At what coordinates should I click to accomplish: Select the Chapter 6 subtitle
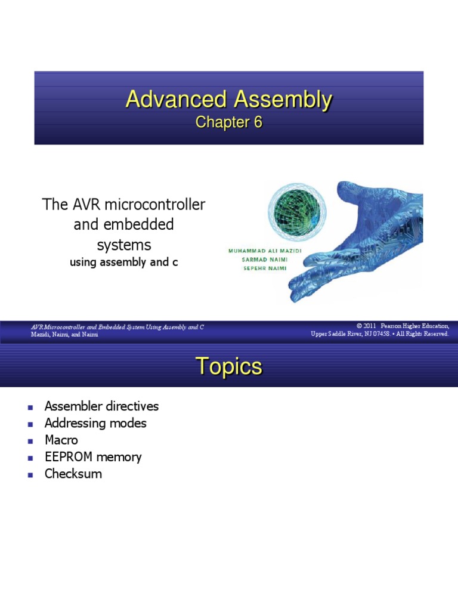coord(229,122)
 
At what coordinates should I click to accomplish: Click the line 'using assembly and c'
coord(124,262)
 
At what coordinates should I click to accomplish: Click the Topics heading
coord(229,367)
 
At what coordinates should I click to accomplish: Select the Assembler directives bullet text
coord(101,406)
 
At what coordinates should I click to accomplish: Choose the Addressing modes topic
coord(95,423)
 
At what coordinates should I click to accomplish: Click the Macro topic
coord(61,440)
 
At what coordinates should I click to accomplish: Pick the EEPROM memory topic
coord(93,457)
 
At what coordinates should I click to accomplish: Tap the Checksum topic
coord(73,474)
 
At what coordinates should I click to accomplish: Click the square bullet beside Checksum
coord(29,474)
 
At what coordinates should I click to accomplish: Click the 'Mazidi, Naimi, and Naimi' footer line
coord(64,335)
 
